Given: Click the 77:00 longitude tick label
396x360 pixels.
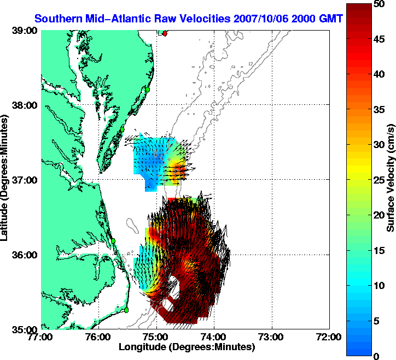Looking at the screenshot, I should (x=41, y=337).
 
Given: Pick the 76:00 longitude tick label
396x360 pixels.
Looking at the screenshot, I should (x=98, y=337).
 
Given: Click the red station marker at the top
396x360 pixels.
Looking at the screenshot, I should (x=165, y=33).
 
